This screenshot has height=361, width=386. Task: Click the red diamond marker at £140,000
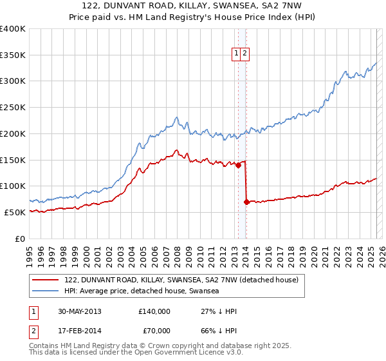[x=238, y=165]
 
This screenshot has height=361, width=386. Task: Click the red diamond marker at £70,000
[x=246, y=202]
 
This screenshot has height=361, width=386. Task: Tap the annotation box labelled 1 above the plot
[x=237, y=54]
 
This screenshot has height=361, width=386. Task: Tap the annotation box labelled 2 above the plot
[x=245, y=54]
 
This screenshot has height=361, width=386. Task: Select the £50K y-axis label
[x=15, y=212]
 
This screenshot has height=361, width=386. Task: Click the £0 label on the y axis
[x=21, y=239]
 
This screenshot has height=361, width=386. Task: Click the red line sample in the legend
[x=46, y=280]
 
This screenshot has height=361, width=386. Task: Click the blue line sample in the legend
[x=46, y=291]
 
